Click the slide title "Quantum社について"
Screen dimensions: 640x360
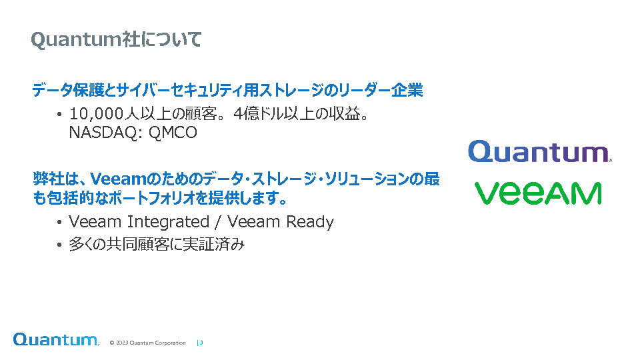click(116, 39)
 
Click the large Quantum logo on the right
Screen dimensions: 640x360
click(539, 151)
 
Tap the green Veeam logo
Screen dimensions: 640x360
click(538, 193)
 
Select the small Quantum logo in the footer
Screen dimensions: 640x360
click(56, 339)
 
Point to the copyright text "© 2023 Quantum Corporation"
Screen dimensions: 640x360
click(147, 343)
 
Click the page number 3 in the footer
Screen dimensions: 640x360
click(201, 343)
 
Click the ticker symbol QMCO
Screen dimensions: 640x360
click(173, 132)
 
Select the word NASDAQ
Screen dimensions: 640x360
click(104, 132)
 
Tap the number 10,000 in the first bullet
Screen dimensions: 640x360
click(96, 114)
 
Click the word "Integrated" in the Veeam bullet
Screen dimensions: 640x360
click(168, 222)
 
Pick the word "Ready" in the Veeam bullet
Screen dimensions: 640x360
click(310, 222)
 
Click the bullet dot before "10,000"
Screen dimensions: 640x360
click(59, 115)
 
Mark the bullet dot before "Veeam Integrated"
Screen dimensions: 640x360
click(59, 223)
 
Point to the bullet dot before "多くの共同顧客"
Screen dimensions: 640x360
click(59, 245)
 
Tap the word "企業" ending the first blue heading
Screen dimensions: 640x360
click(407, 90)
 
